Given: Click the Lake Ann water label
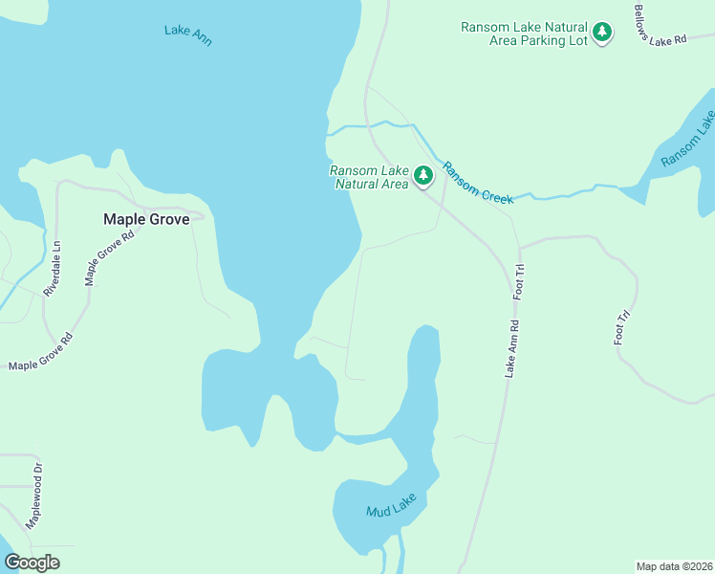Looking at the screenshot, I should [x=187, y=35].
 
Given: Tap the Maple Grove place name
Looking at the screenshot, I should [x=146, y=219].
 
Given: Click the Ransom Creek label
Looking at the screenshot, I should [x=477, y=181].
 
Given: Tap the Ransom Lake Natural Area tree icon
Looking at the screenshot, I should [x=422, y=176].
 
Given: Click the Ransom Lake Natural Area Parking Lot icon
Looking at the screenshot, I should [x=602, y=33].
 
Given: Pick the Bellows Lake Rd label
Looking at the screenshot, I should [x=660, y=25].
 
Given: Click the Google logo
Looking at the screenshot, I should [x=32, y=563].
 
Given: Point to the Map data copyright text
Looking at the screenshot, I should [x=675, y=566].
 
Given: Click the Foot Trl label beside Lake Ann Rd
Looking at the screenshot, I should [x=521, y=283].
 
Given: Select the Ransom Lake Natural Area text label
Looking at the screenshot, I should [x=369, y=177].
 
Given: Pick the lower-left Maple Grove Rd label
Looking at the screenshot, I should [x=41, y=352].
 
